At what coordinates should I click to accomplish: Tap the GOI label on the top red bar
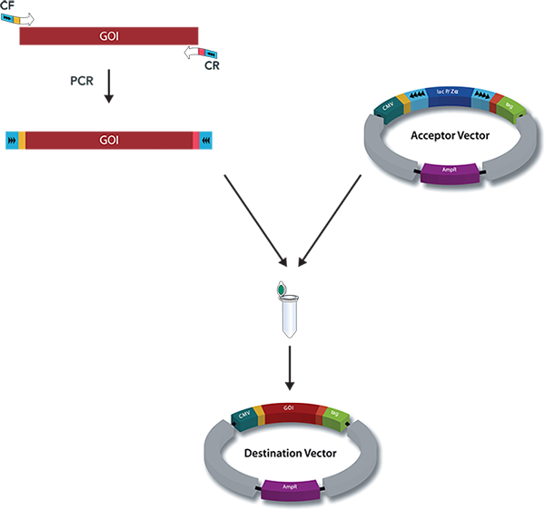[x=108, y=36]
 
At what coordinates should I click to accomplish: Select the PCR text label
[x=82, y=82]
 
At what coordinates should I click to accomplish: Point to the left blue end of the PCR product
[x=12, y=141]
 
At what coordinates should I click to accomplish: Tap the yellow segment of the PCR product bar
[x=23, y=141]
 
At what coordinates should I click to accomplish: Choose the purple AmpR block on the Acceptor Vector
[x=450, y=171]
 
